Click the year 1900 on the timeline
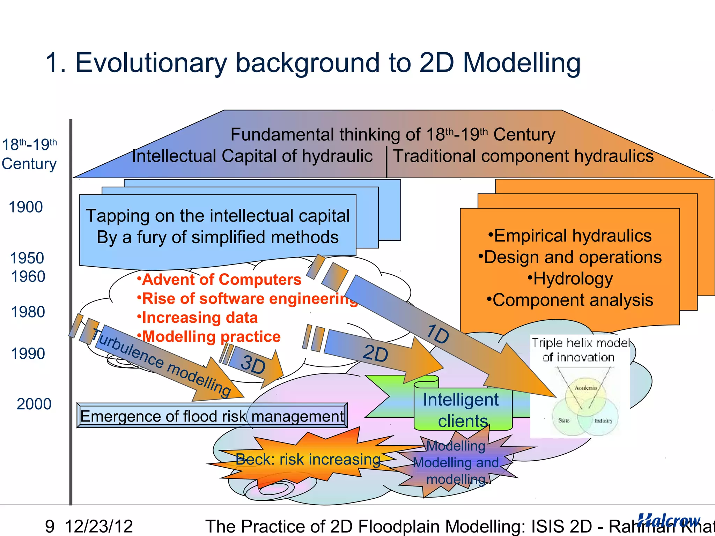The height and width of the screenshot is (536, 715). pos(26,207)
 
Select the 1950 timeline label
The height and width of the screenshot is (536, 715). pos(27,258)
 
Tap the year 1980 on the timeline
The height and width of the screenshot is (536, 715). pos(28,312)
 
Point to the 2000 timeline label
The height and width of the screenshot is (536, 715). pos(34,404)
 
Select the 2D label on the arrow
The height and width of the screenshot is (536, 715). pos(375,353)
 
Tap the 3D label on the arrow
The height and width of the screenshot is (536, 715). pos(253,365)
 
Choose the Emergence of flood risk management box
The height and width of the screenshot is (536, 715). pos(212,416)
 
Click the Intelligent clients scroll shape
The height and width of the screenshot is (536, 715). pos(462,409)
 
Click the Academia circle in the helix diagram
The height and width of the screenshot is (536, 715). pos(585,391)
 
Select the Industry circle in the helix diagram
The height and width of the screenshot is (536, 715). pos(603,420)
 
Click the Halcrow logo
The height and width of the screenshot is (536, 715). pos(669,521)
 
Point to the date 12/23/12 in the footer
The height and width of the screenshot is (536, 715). pos(99,526)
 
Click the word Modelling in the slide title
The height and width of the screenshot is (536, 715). pos(522,63)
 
